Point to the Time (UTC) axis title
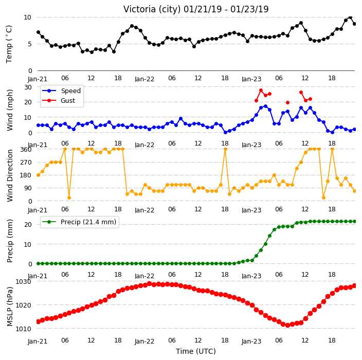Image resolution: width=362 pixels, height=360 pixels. [x=196, y=351]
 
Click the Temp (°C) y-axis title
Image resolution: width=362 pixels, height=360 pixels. [x=9, y=44]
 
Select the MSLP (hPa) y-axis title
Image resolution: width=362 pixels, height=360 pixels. [x=9, y=307]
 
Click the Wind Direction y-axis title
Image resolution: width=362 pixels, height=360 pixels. [x=10, y=175]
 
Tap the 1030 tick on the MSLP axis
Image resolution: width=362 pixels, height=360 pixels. [x=23, y=282]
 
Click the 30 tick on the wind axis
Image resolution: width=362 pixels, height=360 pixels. [x=28, y=87]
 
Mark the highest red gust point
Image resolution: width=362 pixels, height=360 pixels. [x=261, y=91]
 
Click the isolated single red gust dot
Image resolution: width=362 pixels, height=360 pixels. [x=287, y=102]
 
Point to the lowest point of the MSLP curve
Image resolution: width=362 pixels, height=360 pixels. [x=287, y=326]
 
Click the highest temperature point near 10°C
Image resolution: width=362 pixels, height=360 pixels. [x=350, y=17]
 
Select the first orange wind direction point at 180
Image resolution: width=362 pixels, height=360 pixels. [x=39, y=175]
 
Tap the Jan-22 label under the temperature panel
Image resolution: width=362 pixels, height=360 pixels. [x=144, y=79]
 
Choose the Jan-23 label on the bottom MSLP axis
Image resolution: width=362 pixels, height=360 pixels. [x=251, y=341]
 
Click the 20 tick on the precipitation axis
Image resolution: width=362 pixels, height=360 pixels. [x=28, y=224]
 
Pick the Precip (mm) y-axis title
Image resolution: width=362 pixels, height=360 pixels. [x=10, y=241]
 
